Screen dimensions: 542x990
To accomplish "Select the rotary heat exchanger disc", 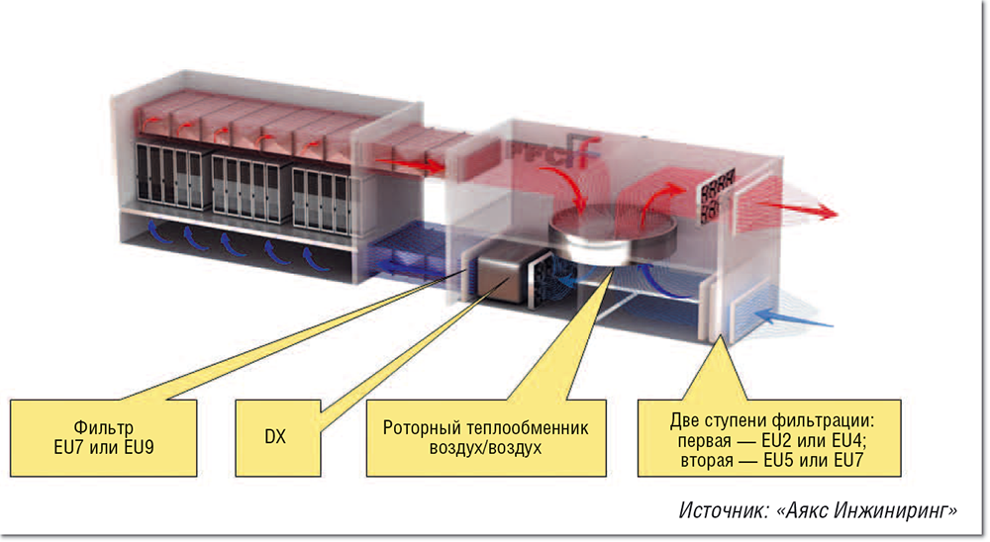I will pos(612,233).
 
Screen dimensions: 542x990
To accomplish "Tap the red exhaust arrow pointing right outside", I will pos(807,210).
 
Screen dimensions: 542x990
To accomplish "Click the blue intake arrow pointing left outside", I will pos(802,318).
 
